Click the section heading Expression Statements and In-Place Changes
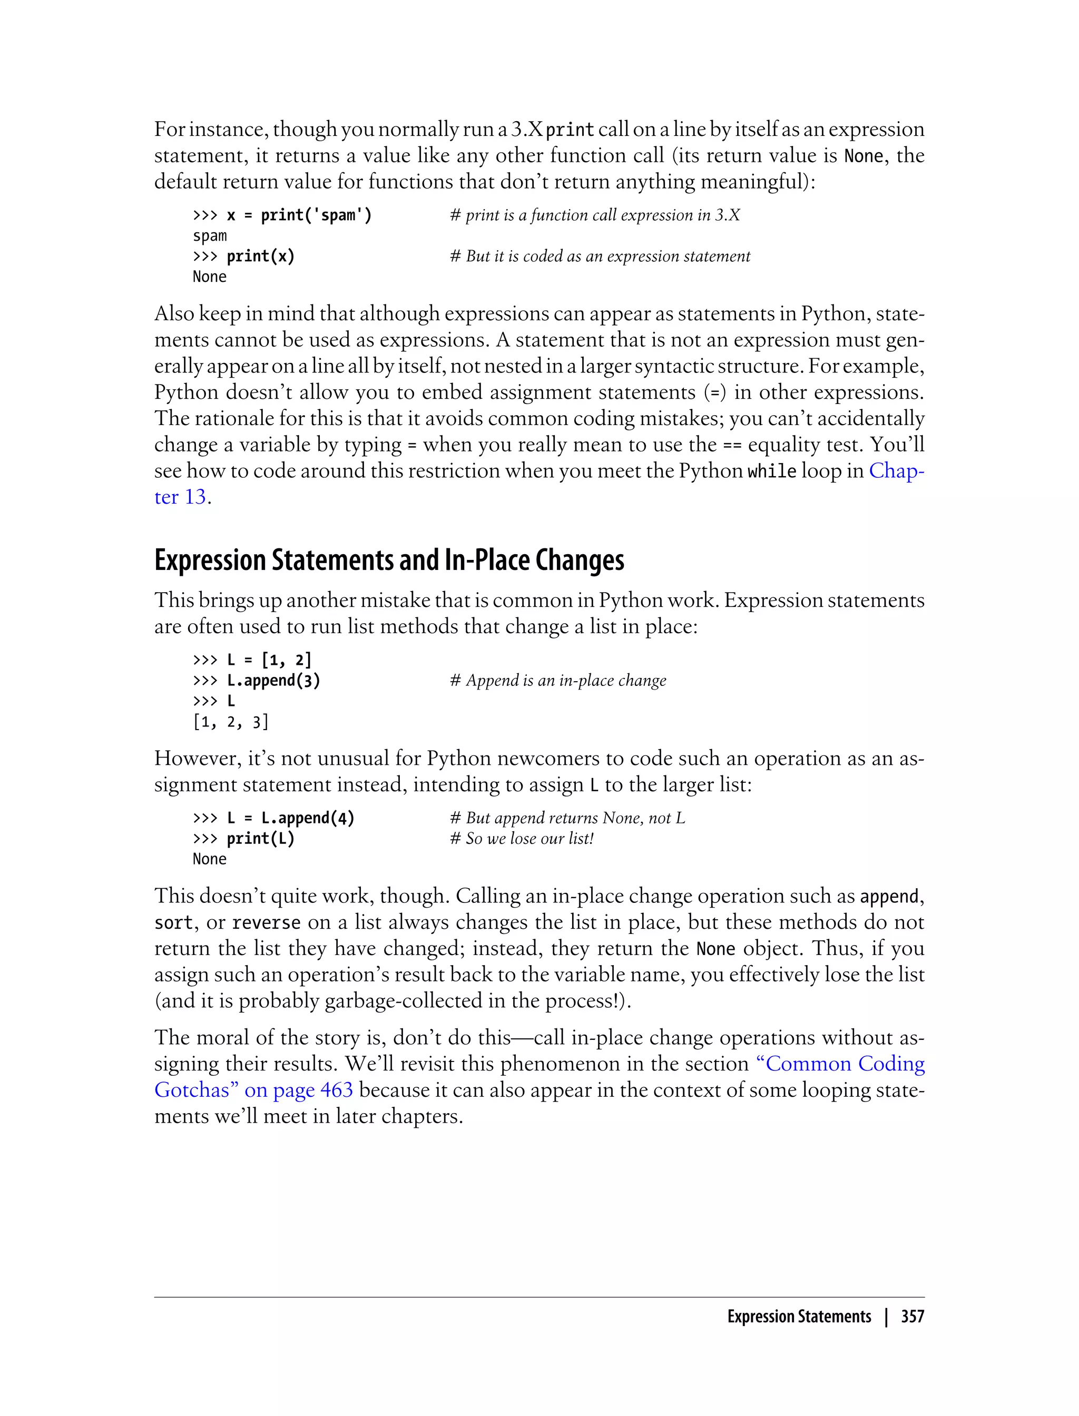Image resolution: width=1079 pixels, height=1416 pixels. tap(389, 560)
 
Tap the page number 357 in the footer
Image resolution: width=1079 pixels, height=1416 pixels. tap(912, 1316)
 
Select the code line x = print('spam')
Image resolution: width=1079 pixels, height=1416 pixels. tap(299, 215)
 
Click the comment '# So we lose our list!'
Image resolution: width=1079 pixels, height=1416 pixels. tap(522, 839)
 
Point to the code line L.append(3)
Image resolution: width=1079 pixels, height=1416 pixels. tap(273, 681)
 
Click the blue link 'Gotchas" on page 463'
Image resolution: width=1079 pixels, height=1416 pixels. tap(254, 1090)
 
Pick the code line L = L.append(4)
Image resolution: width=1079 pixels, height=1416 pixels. tap(290, 818)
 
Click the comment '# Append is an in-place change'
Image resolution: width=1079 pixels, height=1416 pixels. tap(558, 681)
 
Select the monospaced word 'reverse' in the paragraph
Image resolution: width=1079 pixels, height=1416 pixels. tap(266, 923)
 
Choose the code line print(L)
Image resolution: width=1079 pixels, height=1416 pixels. tap(260, 839)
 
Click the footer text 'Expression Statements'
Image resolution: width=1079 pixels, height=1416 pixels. tap(799, 1316)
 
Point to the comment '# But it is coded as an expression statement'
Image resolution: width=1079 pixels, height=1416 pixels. tap(600, 256)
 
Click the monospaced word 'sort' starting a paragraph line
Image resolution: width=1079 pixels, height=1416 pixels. tap(173, 923)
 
